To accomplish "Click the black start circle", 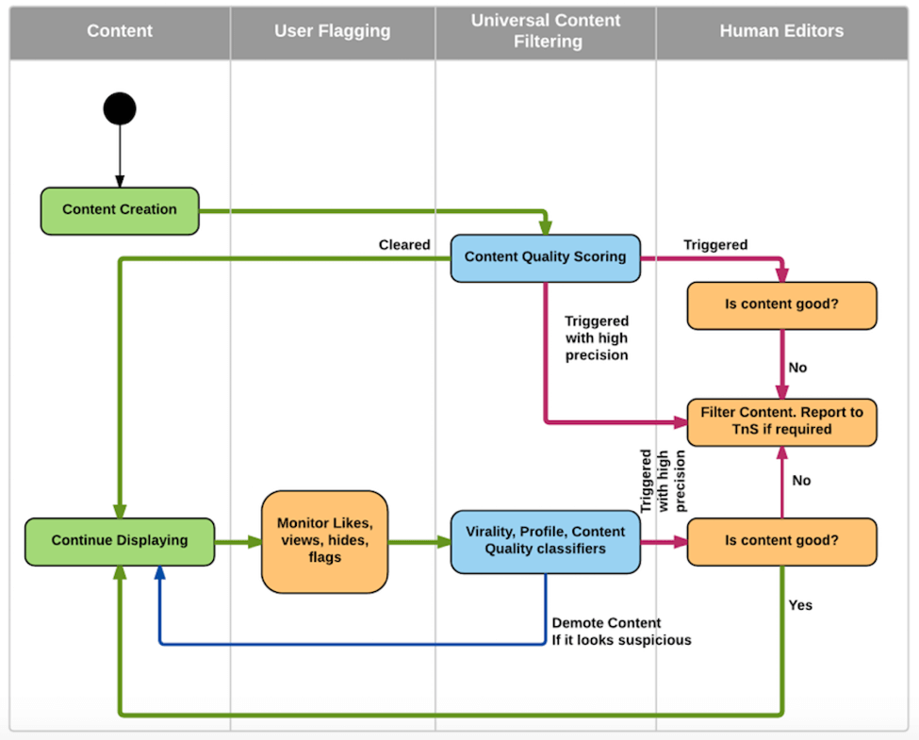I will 120,108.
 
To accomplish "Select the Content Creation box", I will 120,209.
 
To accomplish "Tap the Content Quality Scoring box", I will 545,256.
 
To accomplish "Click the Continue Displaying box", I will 120,541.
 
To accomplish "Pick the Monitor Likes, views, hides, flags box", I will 324,541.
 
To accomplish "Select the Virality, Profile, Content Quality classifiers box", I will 545,540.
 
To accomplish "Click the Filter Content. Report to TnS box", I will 781,421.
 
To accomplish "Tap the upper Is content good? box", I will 781,305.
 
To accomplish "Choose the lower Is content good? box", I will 781,541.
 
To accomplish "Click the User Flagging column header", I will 332,31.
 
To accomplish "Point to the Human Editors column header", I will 781,31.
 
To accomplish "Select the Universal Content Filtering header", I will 547,31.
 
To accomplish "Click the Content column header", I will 120,31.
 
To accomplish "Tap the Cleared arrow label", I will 404,245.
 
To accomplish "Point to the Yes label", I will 800,605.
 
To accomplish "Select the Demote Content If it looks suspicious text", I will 621,632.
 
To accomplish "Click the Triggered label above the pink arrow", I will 715,245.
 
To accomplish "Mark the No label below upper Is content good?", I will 797,368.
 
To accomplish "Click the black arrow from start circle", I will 120,156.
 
